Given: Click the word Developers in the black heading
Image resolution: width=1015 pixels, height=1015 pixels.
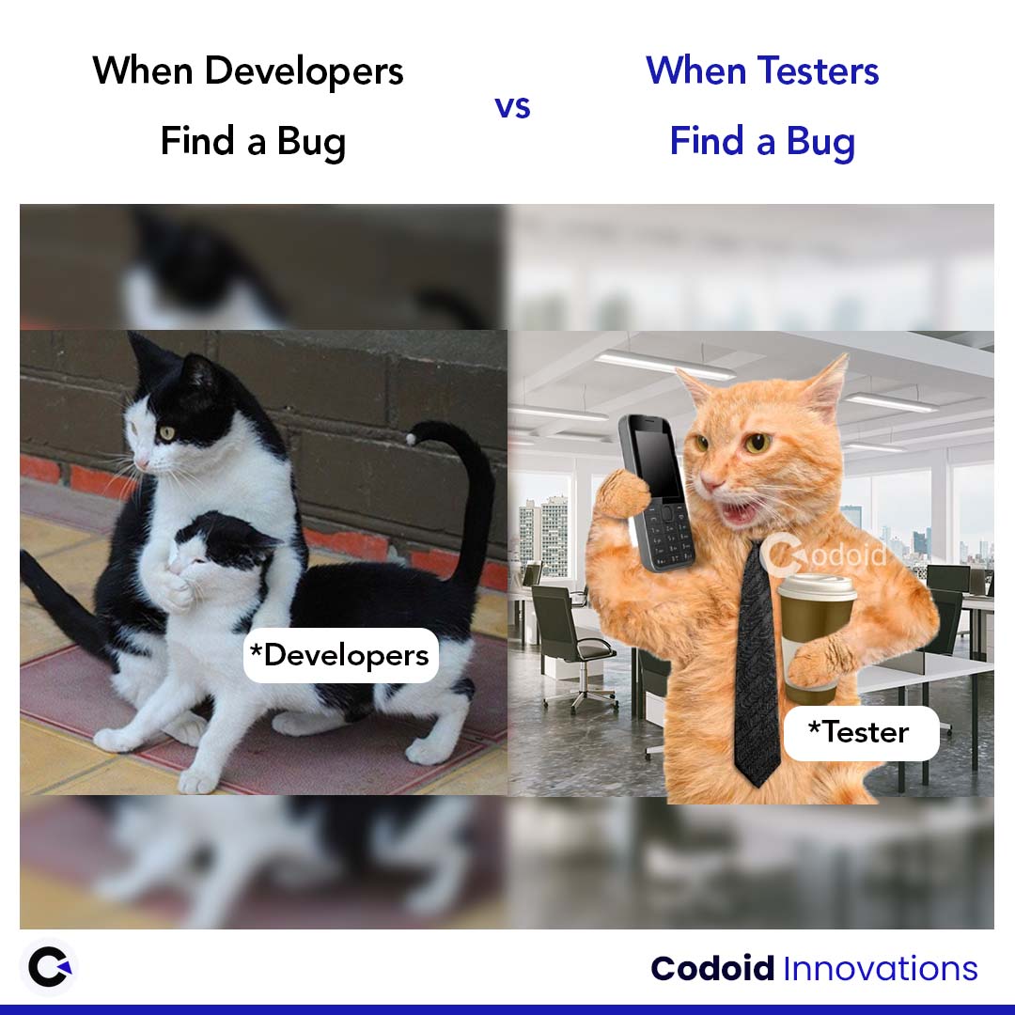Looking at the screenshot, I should [x=304, y=71].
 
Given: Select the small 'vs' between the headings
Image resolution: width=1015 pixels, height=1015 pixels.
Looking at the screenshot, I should [x=513, y=107].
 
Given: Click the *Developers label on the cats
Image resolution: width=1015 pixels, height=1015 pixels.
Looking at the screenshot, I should [x=340, y=655].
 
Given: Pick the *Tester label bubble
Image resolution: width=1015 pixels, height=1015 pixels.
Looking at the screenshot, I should [x=861, y=732].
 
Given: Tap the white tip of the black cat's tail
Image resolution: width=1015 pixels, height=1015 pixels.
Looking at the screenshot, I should [x=411, y=439].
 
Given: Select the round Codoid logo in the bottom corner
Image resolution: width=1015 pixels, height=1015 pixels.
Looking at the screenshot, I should [x=50, y=967].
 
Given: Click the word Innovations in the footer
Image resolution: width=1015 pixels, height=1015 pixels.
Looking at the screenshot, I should [x=881, y=969].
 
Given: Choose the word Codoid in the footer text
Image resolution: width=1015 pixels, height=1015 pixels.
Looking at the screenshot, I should [x=712, y=969].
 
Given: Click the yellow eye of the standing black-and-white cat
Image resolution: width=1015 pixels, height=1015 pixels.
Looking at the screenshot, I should [x=165, y=432].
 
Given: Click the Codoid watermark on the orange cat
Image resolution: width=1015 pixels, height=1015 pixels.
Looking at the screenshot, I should [x=824, y=554].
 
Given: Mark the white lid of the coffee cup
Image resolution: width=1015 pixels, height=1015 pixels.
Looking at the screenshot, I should [x=818, y=586].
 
